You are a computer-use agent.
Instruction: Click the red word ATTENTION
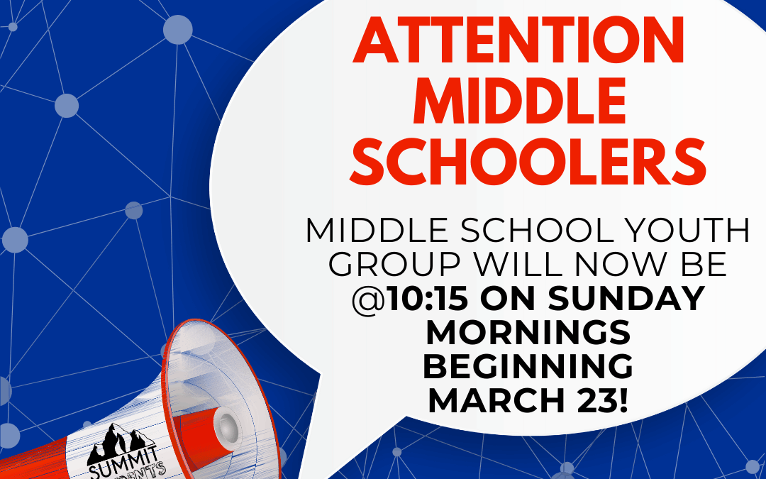(518, 40)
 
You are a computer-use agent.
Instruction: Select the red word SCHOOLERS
(528, 162)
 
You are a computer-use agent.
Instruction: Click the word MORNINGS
(528, 332)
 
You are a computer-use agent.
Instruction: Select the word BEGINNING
(528, 366)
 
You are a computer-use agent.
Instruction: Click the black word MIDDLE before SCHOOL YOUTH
(382, 231)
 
